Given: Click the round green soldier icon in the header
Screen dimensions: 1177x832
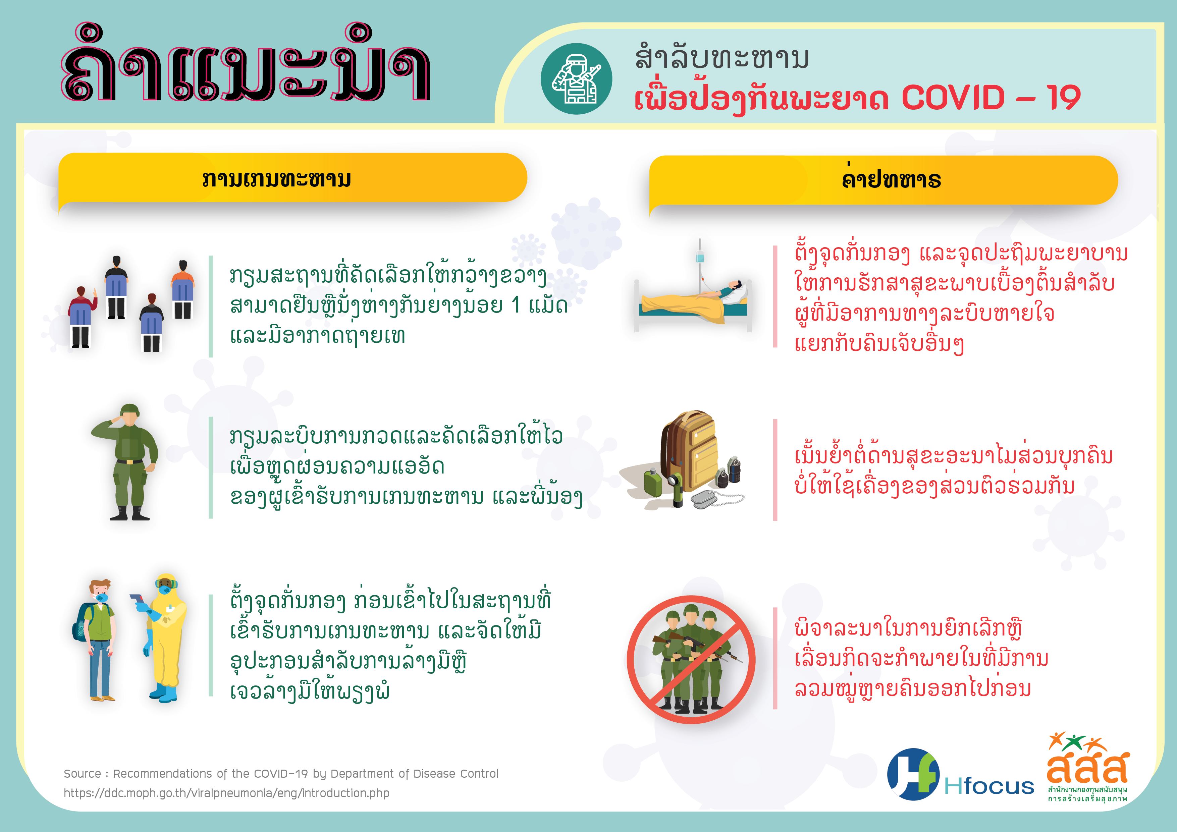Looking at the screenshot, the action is (576, 78).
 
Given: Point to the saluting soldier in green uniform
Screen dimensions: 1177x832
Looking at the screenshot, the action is (126, 462).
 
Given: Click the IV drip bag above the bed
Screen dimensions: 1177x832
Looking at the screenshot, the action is (700, 256).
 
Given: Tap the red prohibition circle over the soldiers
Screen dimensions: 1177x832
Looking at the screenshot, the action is (691, 659).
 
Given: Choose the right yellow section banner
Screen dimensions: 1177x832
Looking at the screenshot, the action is (883, 180).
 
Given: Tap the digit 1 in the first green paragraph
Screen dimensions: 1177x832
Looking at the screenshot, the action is (516, 305).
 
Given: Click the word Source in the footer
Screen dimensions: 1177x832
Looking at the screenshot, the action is (83, 774).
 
